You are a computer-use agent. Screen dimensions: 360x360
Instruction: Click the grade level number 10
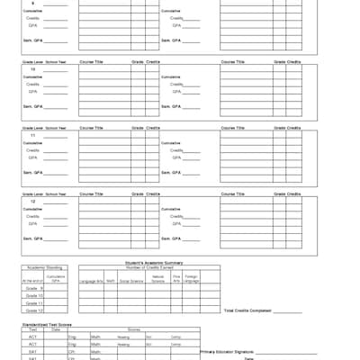tap(32, 69)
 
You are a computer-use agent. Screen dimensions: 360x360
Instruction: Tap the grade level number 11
tap(32, 135)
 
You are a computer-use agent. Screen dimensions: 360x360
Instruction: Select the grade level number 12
tap(32, 201)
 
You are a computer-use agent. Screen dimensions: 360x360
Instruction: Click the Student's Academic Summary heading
tap(148, 262)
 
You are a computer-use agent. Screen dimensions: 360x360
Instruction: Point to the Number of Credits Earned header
tap(148, 267)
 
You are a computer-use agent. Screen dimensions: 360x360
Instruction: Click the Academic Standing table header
tap(44, 267)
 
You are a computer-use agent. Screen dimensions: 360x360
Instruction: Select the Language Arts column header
tap(91, 281)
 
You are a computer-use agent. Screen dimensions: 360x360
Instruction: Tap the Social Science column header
tap(131, 281)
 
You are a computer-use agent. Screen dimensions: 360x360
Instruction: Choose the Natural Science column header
tap(157, 281)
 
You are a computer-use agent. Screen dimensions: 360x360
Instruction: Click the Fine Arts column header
tap(176, 280)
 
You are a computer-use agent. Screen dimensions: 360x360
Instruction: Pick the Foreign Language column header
tap(192, 281)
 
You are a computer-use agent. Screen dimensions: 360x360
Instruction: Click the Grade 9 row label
tap(33, 288)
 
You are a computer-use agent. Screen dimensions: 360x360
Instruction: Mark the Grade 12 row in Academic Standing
tap(33, 310)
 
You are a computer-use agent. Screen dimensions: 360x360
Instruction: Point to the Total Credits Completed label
tap(247, 310)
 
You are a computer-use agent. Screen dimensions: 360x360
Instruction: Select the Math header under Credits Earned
tap(109, 281)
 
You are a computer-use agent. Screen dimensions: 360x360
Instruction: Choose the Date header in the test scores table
tap(56, 329)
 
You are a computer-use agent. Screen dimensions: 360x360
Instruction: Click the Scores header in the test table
tap(132, 329)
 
